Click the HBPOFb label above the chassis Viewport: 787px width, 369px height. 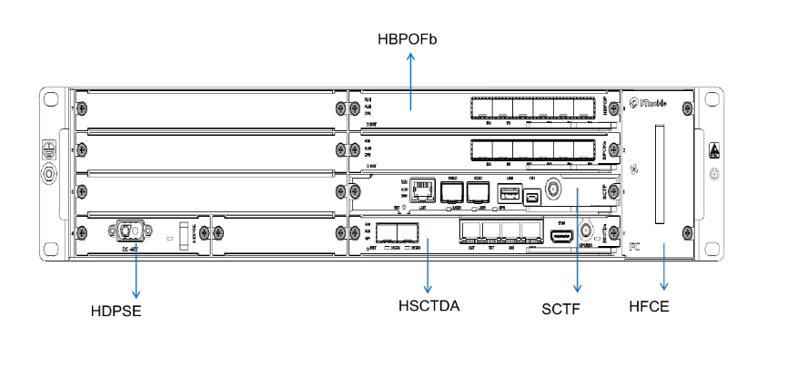click(409, 39)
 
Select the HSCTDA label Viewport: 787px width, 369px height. click(429, 305)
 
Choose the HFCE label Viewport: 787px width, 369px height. click(651, 306)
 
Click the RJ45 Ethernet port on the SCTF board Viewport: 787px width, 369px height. click(420, 190)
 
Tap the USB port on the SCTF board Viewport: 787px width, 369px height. click(509, 192)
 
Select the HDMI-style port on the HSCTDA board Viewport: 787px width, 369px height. click(560, 236)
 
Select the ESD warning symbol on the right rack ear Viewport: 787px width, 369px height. click(714, 149)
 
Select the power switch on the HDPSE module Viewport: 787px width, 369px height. click(187, 233)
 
